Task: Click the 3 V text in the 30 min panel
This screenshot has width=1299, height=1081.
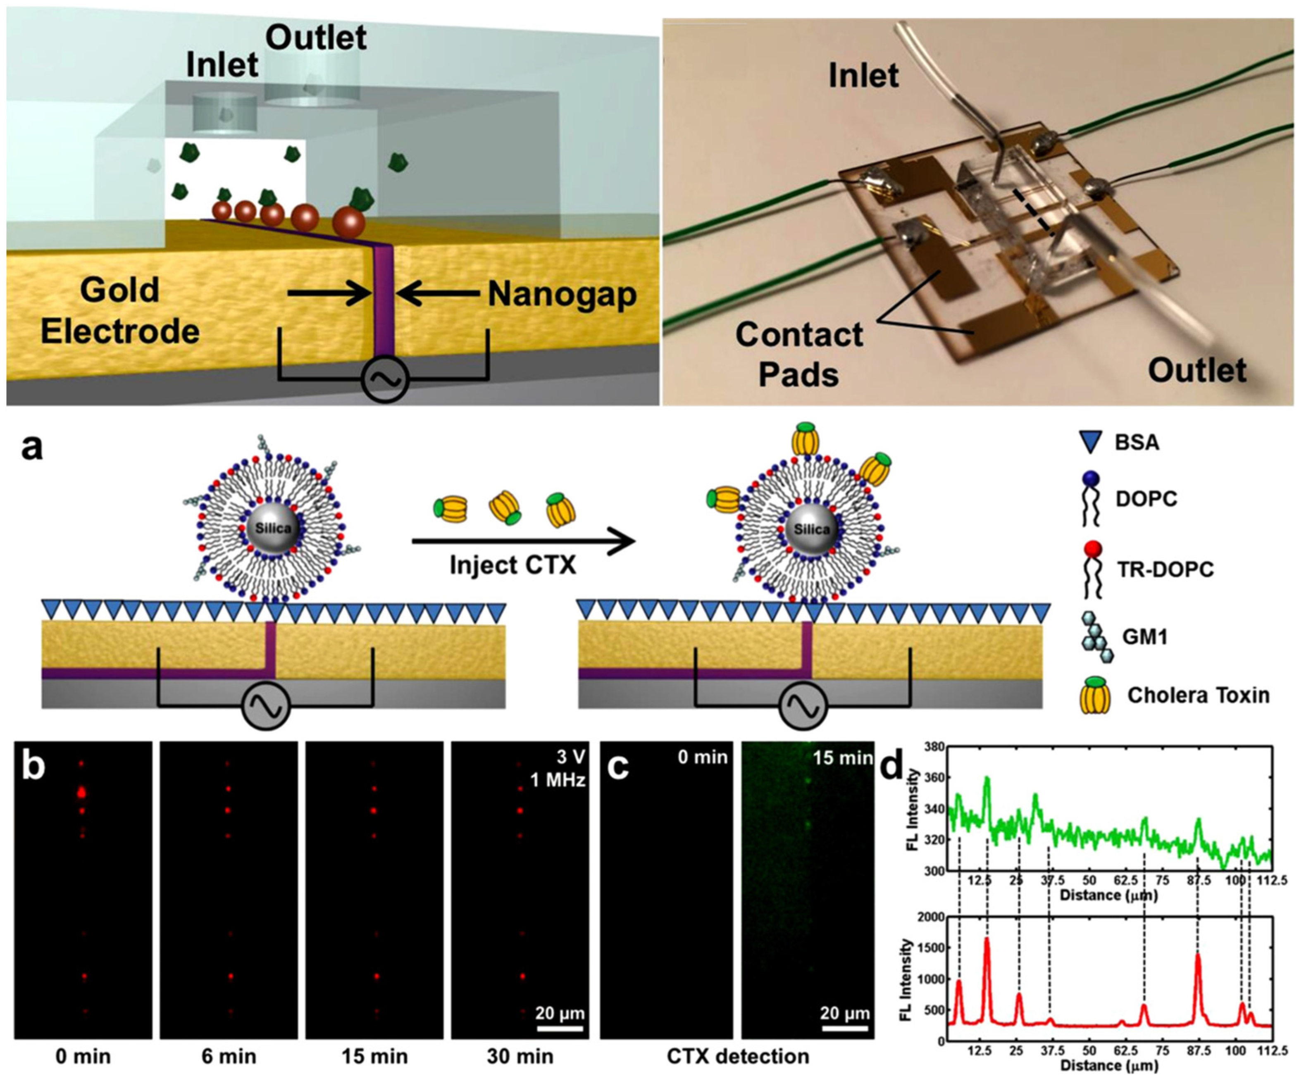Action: (570, 757)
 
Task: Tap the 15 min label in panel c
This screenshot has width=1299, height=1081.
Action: (843, 757)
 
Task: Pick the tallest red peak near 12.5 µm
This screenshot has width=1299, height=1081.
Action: (987, 940)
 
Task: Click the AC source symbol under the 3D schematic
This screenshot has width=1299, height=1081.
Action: (385, 379)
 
